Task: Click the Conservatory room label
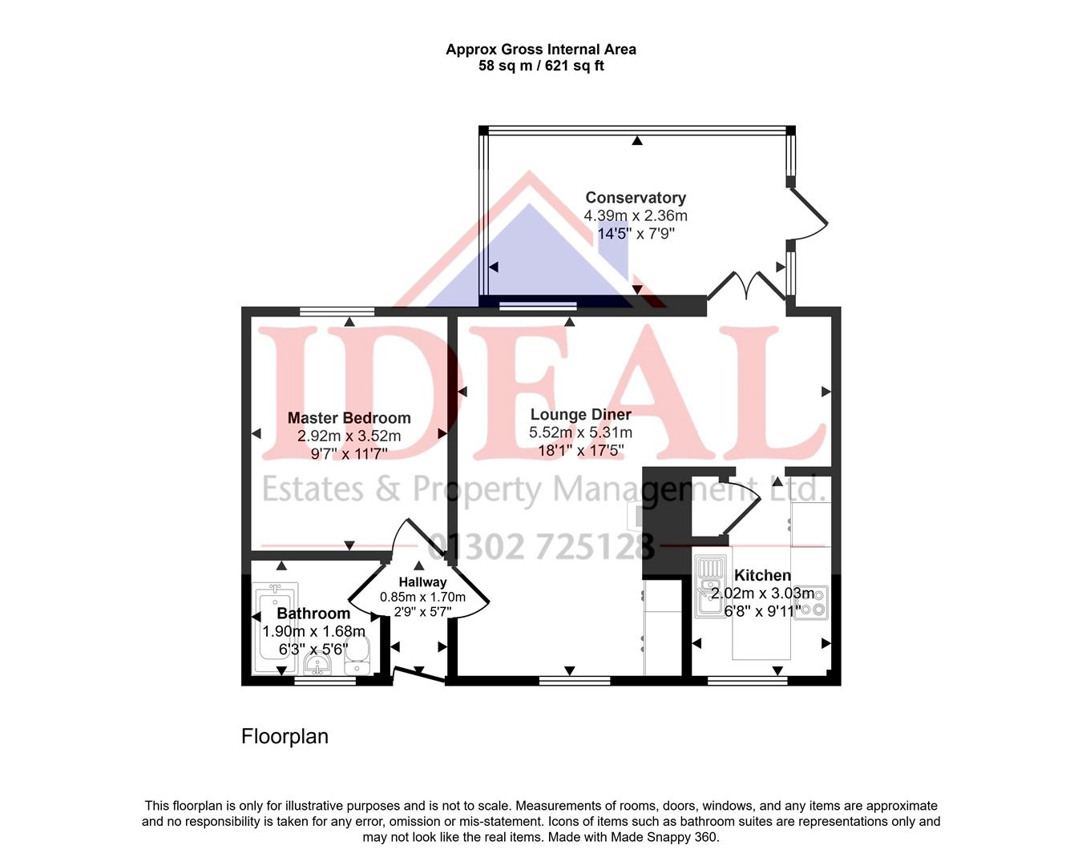636,198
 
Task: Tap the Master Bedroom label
349,417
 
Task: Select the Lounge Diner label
581,415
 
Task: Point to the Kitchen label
762,575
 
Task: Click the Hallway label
422,582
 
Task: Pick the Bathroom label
313,614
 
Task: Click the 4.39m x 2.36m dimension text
636,215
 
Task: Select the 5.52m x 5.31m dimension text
581,432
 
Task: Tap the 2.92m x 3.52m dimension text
349,436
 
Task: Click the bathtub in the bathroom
276,628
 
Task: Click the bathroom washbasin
317,663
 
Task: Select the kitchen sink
711,586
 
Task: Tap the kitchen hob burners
811,602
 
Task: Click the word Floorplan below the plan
285,736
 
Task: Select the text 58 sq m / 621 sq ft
541,66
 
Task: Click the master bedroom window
337,312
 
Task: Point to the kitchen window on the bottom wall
747,681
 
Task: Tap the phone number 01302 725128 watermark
540,546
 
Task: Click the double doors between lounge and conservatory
747,287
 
